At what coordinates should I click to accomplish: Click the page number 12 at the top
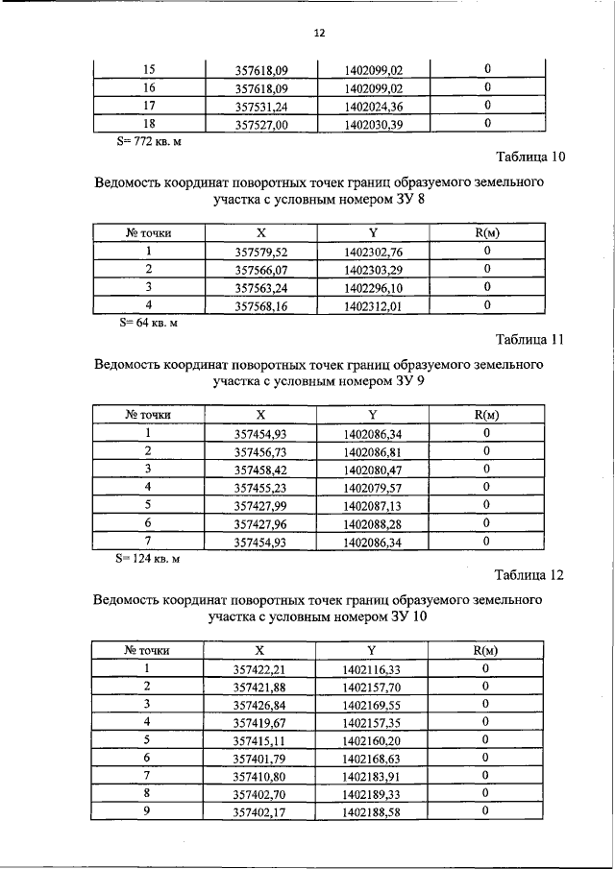click(x=319, y=33)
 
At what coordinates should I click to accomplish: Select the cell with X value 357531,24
click(x=261, y=106)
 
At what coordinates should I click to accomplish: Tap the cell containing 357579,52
click(x=261, y=252)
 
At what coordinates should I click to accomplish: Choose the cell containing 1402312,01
click(x=373, y=306)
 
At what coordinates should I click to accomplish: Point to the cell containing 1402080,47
click(x=373, y=470)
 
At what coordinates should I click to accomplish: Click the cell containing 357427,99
click(x=261, y=505)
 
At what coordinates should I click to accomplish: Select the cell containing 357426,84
click(x=261, y=704)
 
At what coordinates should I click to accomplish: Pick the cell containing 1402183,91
click(x=373, y=776)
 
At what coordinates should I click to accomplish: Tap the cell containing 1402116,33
click(x=373, y=668)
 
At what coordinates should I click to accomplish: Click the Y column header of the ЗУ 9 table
click(x=373, y=415)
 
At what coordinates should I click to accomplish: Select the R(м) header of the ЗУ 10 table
click(x=487, y=650)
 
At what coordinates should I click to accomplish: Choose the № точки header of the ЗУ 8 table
click(x=149, y=233)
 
